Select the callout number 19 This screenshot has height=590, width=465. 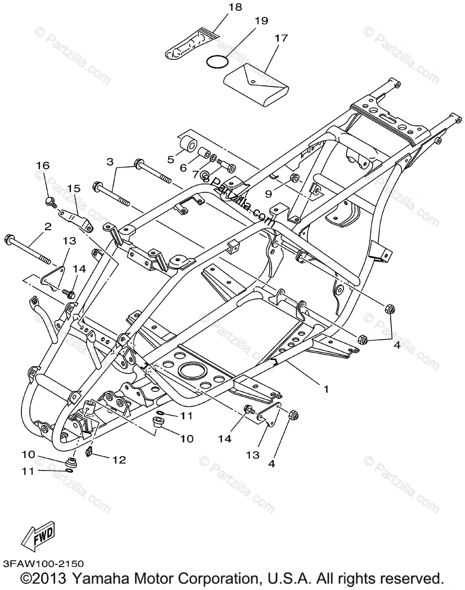tap(261, 21)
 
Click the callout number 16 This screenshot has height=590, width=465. tap(43, 166)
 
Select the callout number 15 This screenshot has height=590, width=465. tap(73, 188)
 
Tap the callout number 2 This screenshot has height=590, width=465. tap(48, 227)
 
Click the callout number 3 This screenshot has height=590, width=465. tap(110, 161)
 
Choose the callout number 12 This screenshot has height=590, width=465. tap(120, 460)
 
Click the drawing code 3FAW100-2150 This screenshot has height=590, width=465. tap(42, 563)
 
